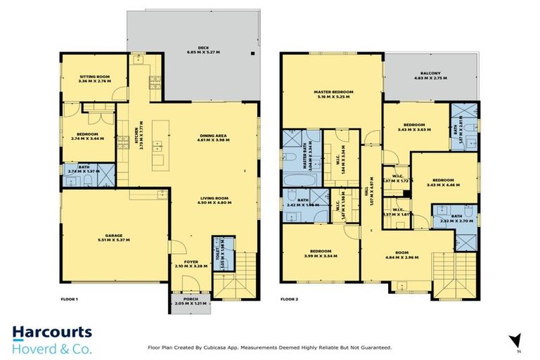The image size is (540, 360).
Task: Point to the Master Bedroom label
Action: click(333, 92)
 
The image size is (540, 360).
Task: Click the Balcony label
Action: click(430, 72)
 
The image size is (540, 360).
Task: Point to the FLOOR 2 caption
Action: click(290, 299)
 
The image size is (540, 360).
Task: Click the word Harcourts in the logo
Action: click(51, 333)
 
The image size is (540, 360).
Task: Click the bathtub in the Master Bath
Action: click(290, 178)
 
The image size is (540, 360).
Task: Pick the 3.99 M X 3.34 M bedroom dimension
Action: click(321, 255)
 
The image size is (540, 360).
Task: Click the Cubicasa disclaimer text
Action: click(269, 347)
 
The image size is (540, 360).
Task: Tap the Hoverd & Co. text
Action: click(51, 348)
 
